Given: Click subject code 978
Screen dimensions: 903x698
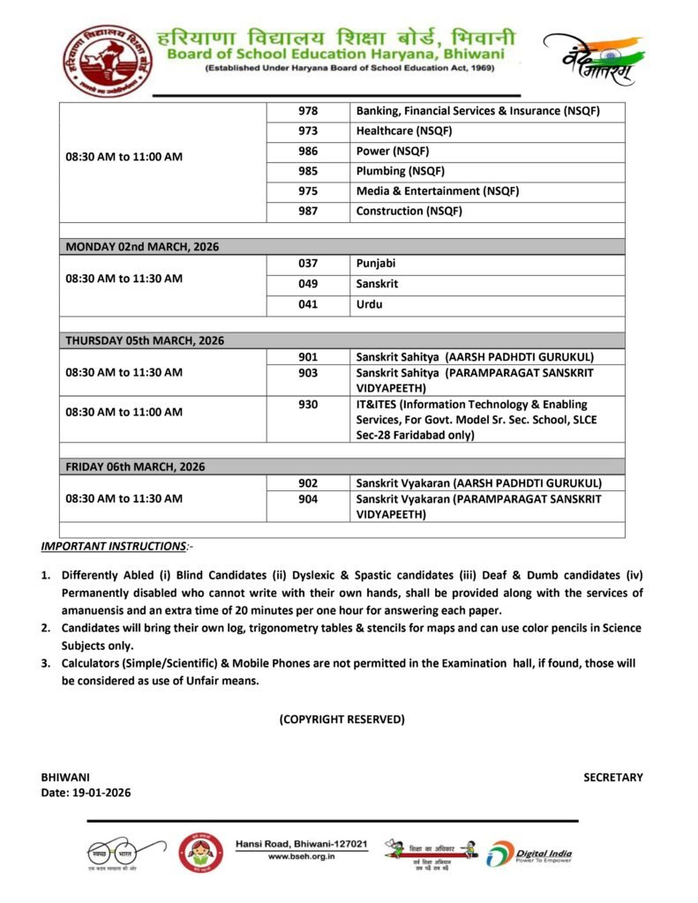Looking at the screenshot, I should click(x=308, y=111).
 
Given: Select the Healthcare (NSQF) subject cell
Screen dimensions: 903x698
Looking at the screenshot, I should click(x=403, y=131).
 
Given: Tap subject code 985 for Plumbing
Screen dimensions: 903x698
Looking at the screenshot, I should click(x=308, y=171).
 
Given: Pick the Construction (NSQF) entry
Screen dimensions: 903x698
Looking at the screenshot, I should click(x=409, y=212).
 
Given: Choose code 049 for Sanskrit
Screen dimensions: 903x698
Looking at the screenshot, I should click(x=308, y=284).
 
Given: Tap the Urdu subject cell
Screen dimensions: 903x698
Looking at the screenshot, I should click(x=369, y=304).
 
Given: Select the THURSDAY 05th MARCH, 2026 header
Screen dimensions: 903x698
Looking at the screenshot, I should click(x=145, y=340).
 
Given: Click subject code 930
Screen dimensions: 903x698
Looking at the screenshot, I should click(x=308, y=404).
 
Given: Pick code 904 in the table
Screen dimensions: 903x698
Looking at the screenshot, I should click(x=308, y=499).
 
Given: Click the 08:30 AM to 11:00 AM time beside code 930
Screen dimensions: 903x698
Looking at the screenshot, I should click(x=124, y=412).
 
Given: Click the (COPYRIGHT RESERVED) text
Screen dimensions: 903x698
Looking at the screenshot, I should click(x=342, y=720).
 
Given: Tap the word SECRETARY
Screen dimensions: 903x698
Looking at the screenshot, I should click(x=612, y=778).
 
